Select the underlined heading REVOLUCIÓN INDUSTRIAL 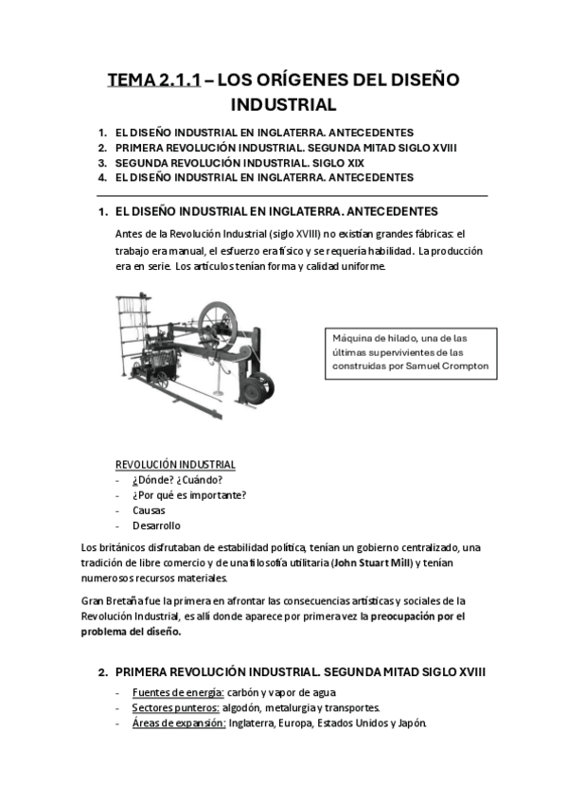[x=175, y=464]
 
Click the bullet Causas [x=149, y=509]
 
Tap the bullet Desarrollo [x=156, y=526]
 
